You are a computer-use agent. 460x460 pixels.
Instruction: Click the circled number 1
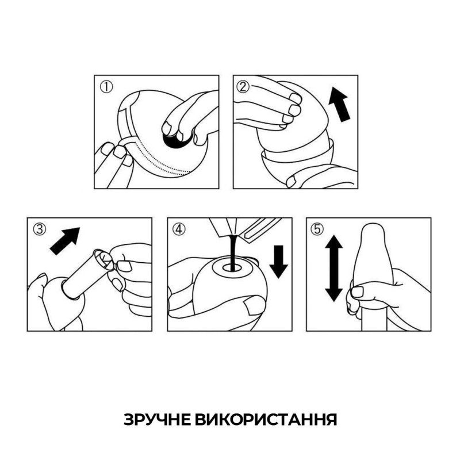106,87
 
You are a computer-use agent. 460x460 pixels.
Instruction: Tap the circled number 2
243,87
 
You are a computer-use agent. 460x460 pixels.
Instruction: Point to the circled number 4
179,229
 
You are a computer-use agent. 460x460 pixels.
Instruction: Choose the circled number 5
317,229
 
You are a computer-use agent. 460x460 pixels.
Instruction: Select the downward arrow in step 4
279,262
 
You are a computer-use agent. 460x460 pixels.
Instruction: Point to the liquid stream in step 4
232,252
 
